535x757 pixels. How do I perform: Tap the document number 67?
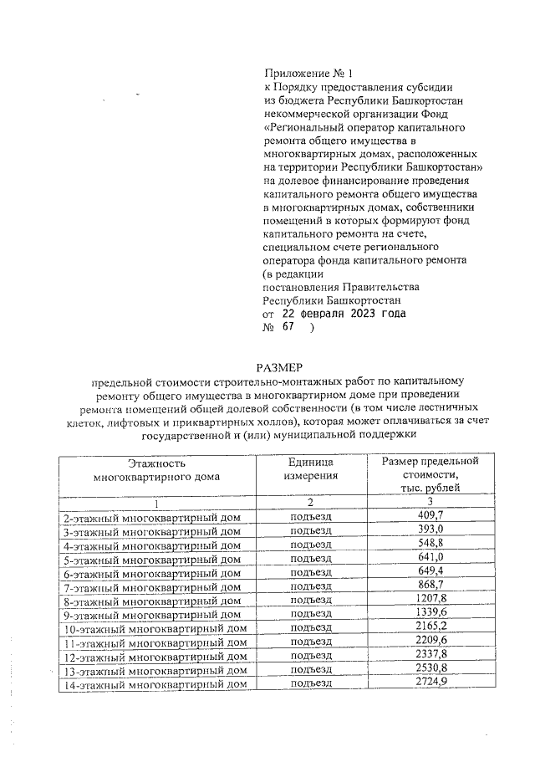point(289,329)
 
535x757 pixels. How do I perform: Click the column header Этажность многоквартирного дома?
point(157,470)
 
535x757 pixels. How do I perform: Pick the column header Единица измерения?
point(310,470)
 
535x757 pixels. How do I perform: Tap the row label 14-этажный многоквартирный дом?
point(155,684)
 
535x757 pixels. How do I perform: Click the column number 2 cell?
point(310,503)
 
